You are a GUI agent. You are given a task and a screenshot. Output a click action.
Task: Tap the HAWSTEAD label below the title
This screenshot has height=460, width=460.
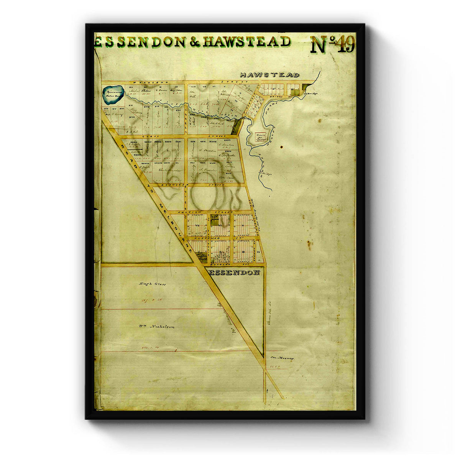click(269, 75)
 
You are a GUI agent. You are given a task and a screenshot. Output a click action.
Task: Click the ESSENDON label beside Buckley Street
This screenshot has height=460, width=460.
click(235, 273)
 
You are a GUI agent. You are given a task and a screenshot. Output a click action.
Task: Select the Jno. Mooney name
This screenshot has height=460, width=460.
click(282, 358)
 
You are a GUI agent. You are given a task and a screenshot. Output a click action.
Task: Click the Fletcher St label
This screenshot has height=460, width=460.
click(207, 238)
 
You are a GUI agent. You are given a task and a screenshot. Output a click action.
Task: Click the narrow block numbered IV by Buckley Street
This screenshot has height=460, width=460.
click(259, 252)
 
